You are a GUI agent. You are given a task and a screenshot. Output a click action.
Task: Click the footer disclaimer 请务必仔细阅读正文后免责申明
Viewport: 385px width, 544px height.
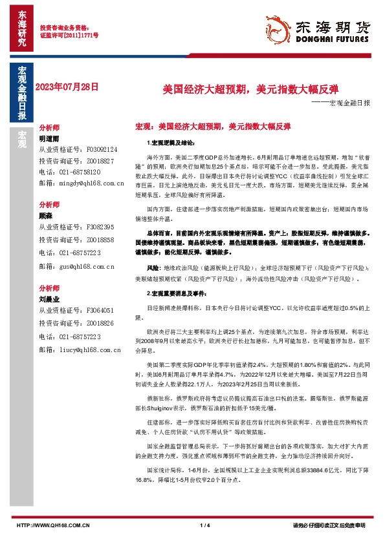pos(334,525)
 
